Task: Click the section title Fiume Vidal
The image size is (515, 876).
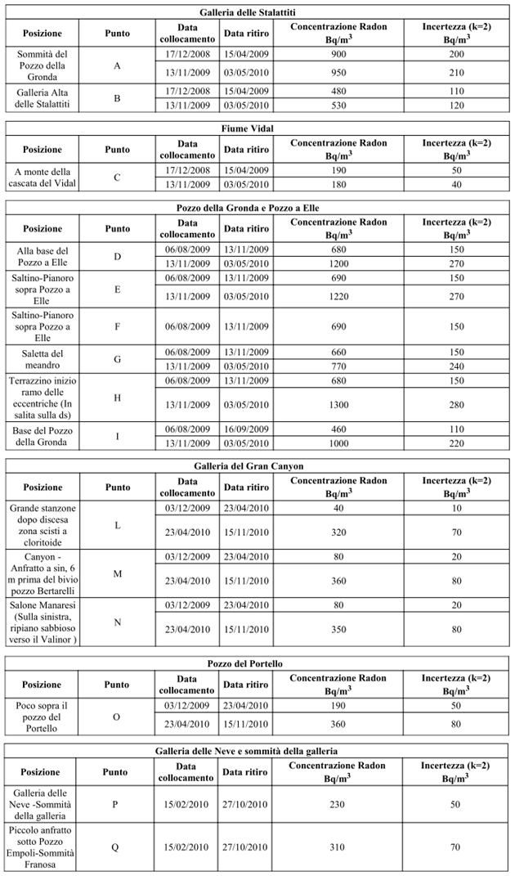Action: (258, 128)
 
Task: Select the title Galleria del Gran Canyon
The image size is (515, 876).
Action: (258, 466)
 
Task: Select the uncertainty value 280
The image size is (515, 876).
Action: (455, 402)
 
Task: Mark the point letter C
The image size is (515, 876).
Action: (117, 177)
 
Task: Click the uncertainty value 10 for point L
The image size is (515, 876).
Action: (455, 509)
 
